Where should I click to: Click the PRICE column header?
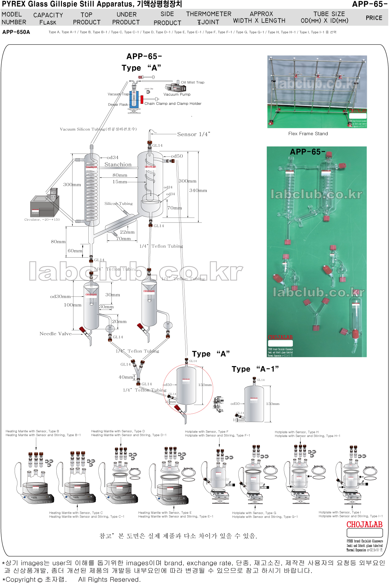click(374, 18)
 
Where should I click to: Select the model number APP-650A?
click(16, 32)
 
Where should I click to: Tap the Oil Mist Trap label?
click(193, 82)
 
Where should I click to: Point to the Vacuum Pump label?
click(177, 94)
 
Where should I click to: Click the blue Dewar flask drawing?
click(134, 100)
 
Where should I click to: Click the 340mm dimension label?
click(198, 191)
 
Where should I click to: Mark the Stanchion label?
click(118, 164)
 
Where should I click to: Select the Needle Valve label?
click(55, 334)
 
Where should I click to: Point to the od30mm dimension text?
click(60, 296)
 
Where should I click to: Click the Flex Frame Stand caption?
click(308, 134)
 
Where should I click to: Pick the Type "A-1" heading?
click(255, 369)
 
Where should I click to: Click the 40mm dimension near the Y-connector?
click(126, 377)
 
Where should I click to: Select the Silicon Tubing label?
click(118, 204)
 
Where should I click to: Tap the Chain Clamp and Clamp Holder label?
click(173, 103)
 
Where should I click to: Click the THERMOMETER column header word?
click(209, 14)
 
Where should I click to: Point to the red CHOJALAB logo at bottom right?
click(364, 525)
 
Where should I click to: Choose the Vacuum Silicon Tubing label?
click(98, 129)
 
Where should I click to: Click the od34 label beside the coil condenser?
click(112, 158)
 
